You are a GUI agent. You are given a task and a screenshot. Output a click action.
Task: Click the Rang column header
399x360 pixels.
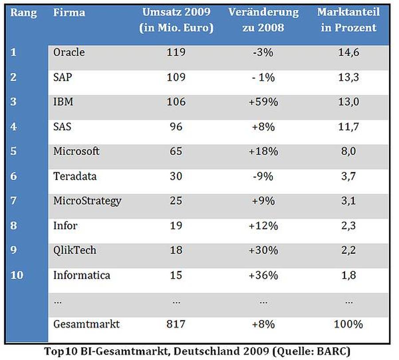(23, 13)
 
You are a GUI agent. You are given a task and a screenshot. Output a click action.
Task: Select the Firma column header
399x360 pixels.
(69, 12)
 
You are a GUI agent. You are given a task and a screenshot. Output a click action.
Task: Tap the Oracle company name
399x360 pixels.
(69, 52)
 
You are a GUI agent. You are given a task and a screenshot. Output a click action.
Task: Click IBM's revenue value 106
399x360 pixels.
(176, 102)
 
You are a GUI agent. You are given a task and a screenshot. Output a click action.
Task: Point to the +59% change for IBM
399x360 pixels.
(263, 102)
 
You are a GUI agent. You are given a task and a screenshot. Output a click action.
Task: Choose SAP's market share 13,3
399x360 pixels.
(348, 77)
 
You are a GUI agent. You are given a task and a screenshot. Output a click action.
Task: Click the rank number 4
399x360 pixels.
(13, 126)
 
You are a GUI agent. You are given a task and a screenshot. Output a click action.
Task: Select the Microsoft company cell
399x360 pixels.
(76, 151)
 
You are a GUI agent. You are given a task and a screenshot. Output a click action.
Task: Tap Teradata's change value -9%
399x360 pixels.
(263, 176)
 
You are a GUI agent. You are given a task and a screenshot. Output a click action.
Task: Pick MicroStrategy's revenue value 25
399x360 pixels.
(176, 201)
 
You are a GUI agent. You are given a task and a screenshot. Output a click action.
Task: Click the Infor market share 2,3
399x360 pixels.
(348, 226)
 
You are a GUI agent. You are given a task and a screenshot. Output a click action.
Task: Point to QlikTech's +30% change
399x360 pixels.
(263, 251)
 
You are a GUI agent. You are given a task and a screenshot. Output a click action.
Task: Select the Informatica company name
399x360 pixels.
(82, 275)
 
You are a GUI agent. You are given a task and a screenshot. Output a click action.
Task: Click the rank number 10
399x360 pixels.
(17, 275)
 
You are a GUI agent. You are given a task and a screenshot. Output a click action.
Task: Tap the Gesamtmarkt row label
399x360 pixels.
(86, 324)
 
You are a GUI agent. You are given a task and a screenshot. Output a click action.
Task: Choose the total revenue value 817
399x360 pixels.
(176, 324)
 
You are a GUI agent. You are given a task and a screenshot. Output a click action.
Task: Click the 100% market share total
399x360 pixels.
(348, 324)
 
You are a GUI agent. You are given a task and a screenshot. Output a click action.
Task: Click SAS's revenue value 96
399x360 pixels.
(176, 127)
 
